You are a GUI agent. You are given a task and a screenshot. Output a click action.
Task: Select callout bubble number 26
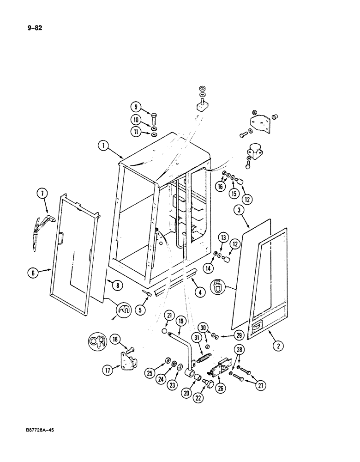[220, 388]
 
